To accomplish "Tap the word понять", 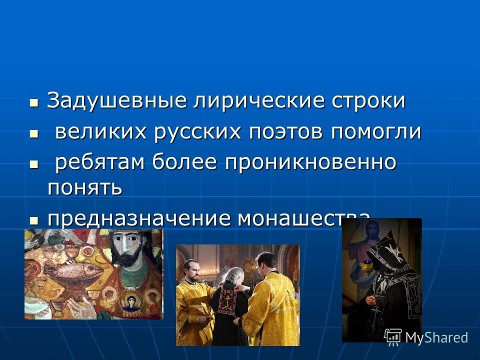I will pyautogui.click(x=84, y=187).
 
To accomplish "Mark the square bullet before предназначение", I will pyautogui.click(x=34, y=220).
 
